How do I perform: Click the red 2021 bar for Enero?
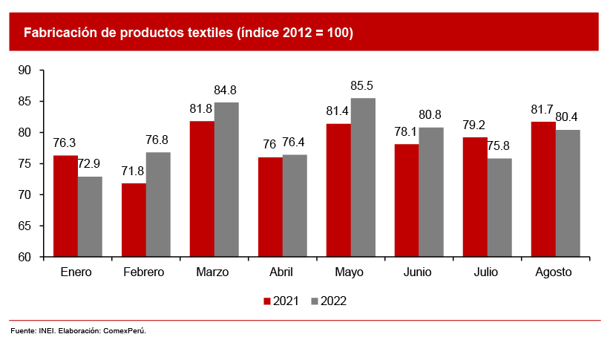point(66,206)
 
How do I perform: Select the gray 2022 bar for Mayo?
point(363,177)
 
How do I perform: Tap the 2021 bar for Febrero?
point(134,220)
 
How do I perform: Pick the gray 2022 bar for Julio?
point(499,208)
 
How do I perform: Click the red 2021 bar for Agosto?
point(544,189)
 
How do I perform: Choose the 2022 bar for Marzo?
point(226,180)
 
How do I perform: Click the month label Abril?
point(281,272)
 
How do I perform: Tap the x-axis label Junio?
point(417,272)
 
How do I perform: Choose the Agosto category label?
point(554,272)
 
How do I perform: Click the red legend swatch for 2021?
point(267,301)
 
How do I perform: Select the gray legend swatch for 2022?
point(315,301)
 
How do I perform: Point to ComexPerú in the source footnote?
point(125,331)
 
